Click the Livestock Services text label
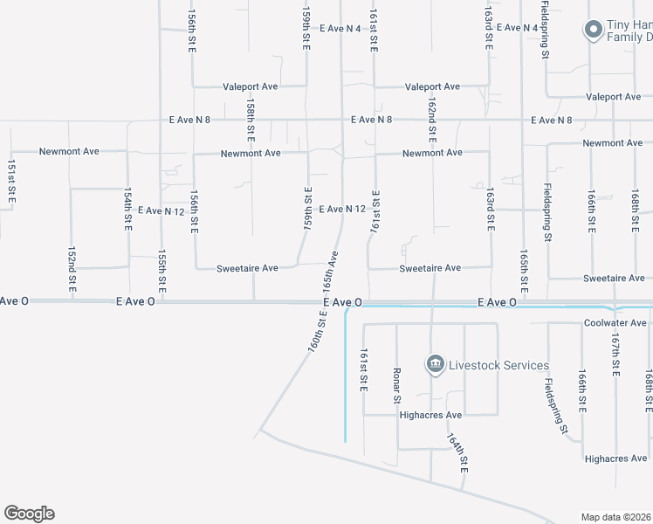[x=499, y=365]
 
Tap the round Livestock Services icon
[x=434, y=363]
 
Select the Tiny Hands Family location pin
[x=593, y=30]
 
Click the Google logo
[x=29, y=514]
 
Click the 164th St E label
[x=458, y=453]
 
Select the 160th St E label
[x=316, y=332]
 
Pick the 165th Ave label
[x=330, y=272]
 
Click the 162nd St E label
[x=432, y=120]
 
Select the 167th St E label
[x=615, y=355]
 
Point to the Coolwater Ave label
[x=615, y=322]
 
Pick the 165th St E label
[x=524, y=272]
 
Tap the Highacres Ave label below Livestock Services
[x=430, y=415]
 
